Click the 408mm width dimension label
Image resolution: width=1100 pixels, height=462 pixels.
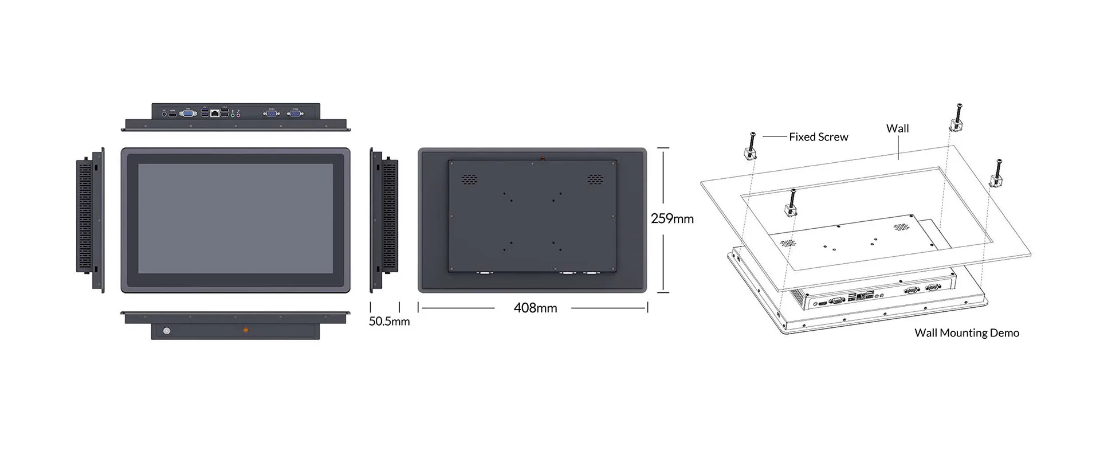click(x=535, y=308)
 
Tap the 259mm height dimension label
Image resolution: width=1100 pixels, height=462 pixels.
click(x=672, y=218)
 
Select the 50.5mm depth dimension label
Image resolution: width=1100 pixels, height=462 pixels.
click(x=389, y=321)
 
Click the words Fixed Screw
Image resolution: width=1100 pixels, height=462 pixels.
click(x=818, y=137)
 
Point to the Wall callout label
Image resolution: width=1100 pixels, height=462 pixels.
click(x=897, y=128)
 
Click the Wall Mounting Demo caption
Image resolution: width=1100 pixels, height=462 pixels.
click(x=967, y=332)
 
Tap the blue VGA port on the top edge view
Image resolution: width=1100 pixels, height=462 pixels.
click(x=187, y=113)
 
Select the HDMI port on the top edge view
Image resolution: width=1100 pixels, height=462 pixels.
click(x=172, y=114)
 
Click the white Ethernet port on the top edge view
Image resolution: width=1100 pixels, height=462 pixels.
click(x=215, y=113)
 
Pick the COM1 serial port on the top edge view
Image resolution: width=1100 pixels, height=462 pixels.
click(x=272, y=113)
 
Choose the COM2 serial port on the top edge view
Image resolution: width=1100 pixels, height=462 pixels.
click(x=295, y=113)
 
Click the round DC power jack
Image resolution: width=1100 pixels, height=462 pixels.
click(x=164, y=114)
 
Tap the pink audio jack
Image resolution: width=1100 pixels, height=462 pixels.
click(x=238, y=115)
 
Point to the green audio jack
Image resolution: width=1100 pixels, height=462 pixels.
click(x=233, y=115)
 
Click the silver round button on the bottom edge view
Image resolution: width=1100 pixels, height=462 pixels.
click(x=167, y=331)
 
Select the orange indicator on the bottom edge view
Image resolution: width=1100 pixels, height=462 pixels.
click(x=246, y=330)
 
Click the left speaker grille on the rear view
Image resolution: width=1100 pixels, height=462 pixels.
click(x=470, y=179)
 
